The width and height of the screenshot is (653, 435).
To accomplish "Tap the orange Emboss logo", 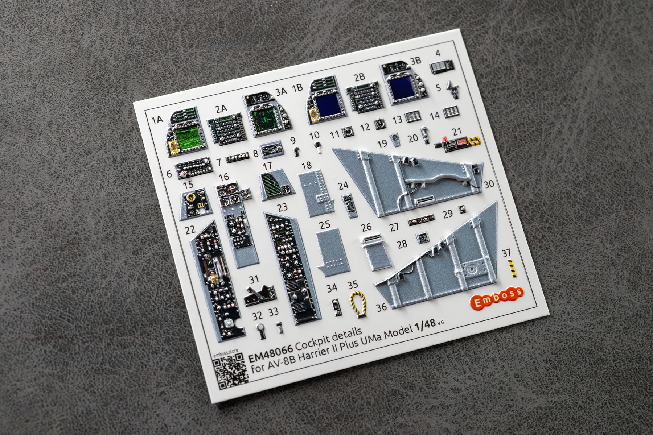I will pyautogui.click(x=499, y=298).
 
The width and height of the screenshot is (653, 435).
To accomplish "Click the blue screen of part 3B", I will pyautogui.click(x=402, y=88).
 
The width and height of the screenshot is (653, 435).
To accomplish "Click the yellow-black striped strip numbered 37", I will pyautogui.click(x=512, y=268).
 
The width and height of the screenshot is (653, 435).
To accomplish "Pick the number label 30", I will pyautogui.click(x=489, y=184).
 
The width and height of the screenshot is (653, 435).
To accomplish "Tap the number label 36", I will pyautogui.click(x=381, y=307).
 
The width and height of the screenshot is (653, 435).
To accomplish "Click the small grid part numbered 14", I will pyautogui.click(x=451, y=112).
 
